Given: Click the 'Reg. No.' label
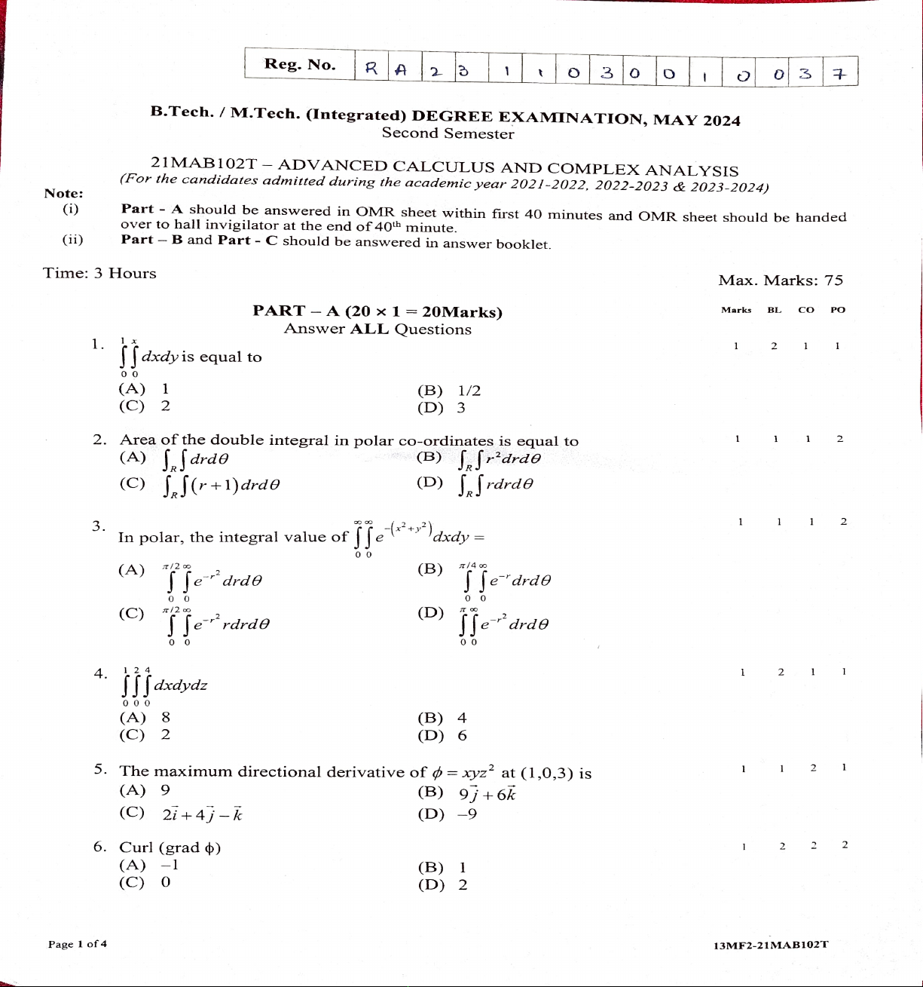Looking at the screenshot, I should pyautogui.click(x=300, y=65).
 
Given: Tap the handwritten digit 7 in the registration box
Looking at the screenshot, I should pyautogui.click(x=841, y=73).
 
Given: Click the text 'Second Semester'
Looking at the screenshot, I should pyautogui.click(x=448, y=133).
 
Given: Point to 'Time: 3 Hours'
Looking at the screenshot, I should pyautogui.click(x=100, y=274).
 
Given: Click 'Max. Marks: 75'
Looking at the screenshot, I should pyautogui.click(x=781, y=280).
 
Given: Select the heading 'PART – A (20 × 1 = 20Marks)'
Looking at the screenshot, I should pyautogui.click(x=377, y=311).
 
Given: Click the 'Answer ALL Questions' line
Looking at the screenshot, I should pyautogui.click(x=377, y=330).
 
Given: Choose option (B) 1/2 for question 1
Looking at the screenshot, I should pyautogui.click(x=449, y=391).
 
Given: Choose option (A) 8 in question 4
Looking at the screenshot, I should pyautogui.click(x=145, y=718).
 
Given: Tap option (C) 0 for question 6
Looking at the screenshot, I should pyautogui.click(x=145, y=882).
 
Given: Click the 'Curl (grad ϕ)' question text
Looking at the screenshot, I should pyautogui.click(x=170, y=848).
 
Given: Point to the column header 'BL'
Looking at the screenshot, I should pyautogui.click(x=775, y=310).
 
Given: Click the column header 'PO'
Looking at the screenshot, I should pyautogui.click(x=838, y=310).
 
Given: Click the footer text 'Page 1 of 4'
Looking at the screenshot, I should pyautogui.click(x=78, y=944).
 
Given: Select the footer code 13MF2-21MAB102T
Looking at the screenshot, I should pyautogui.click(x=771, y=946).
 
